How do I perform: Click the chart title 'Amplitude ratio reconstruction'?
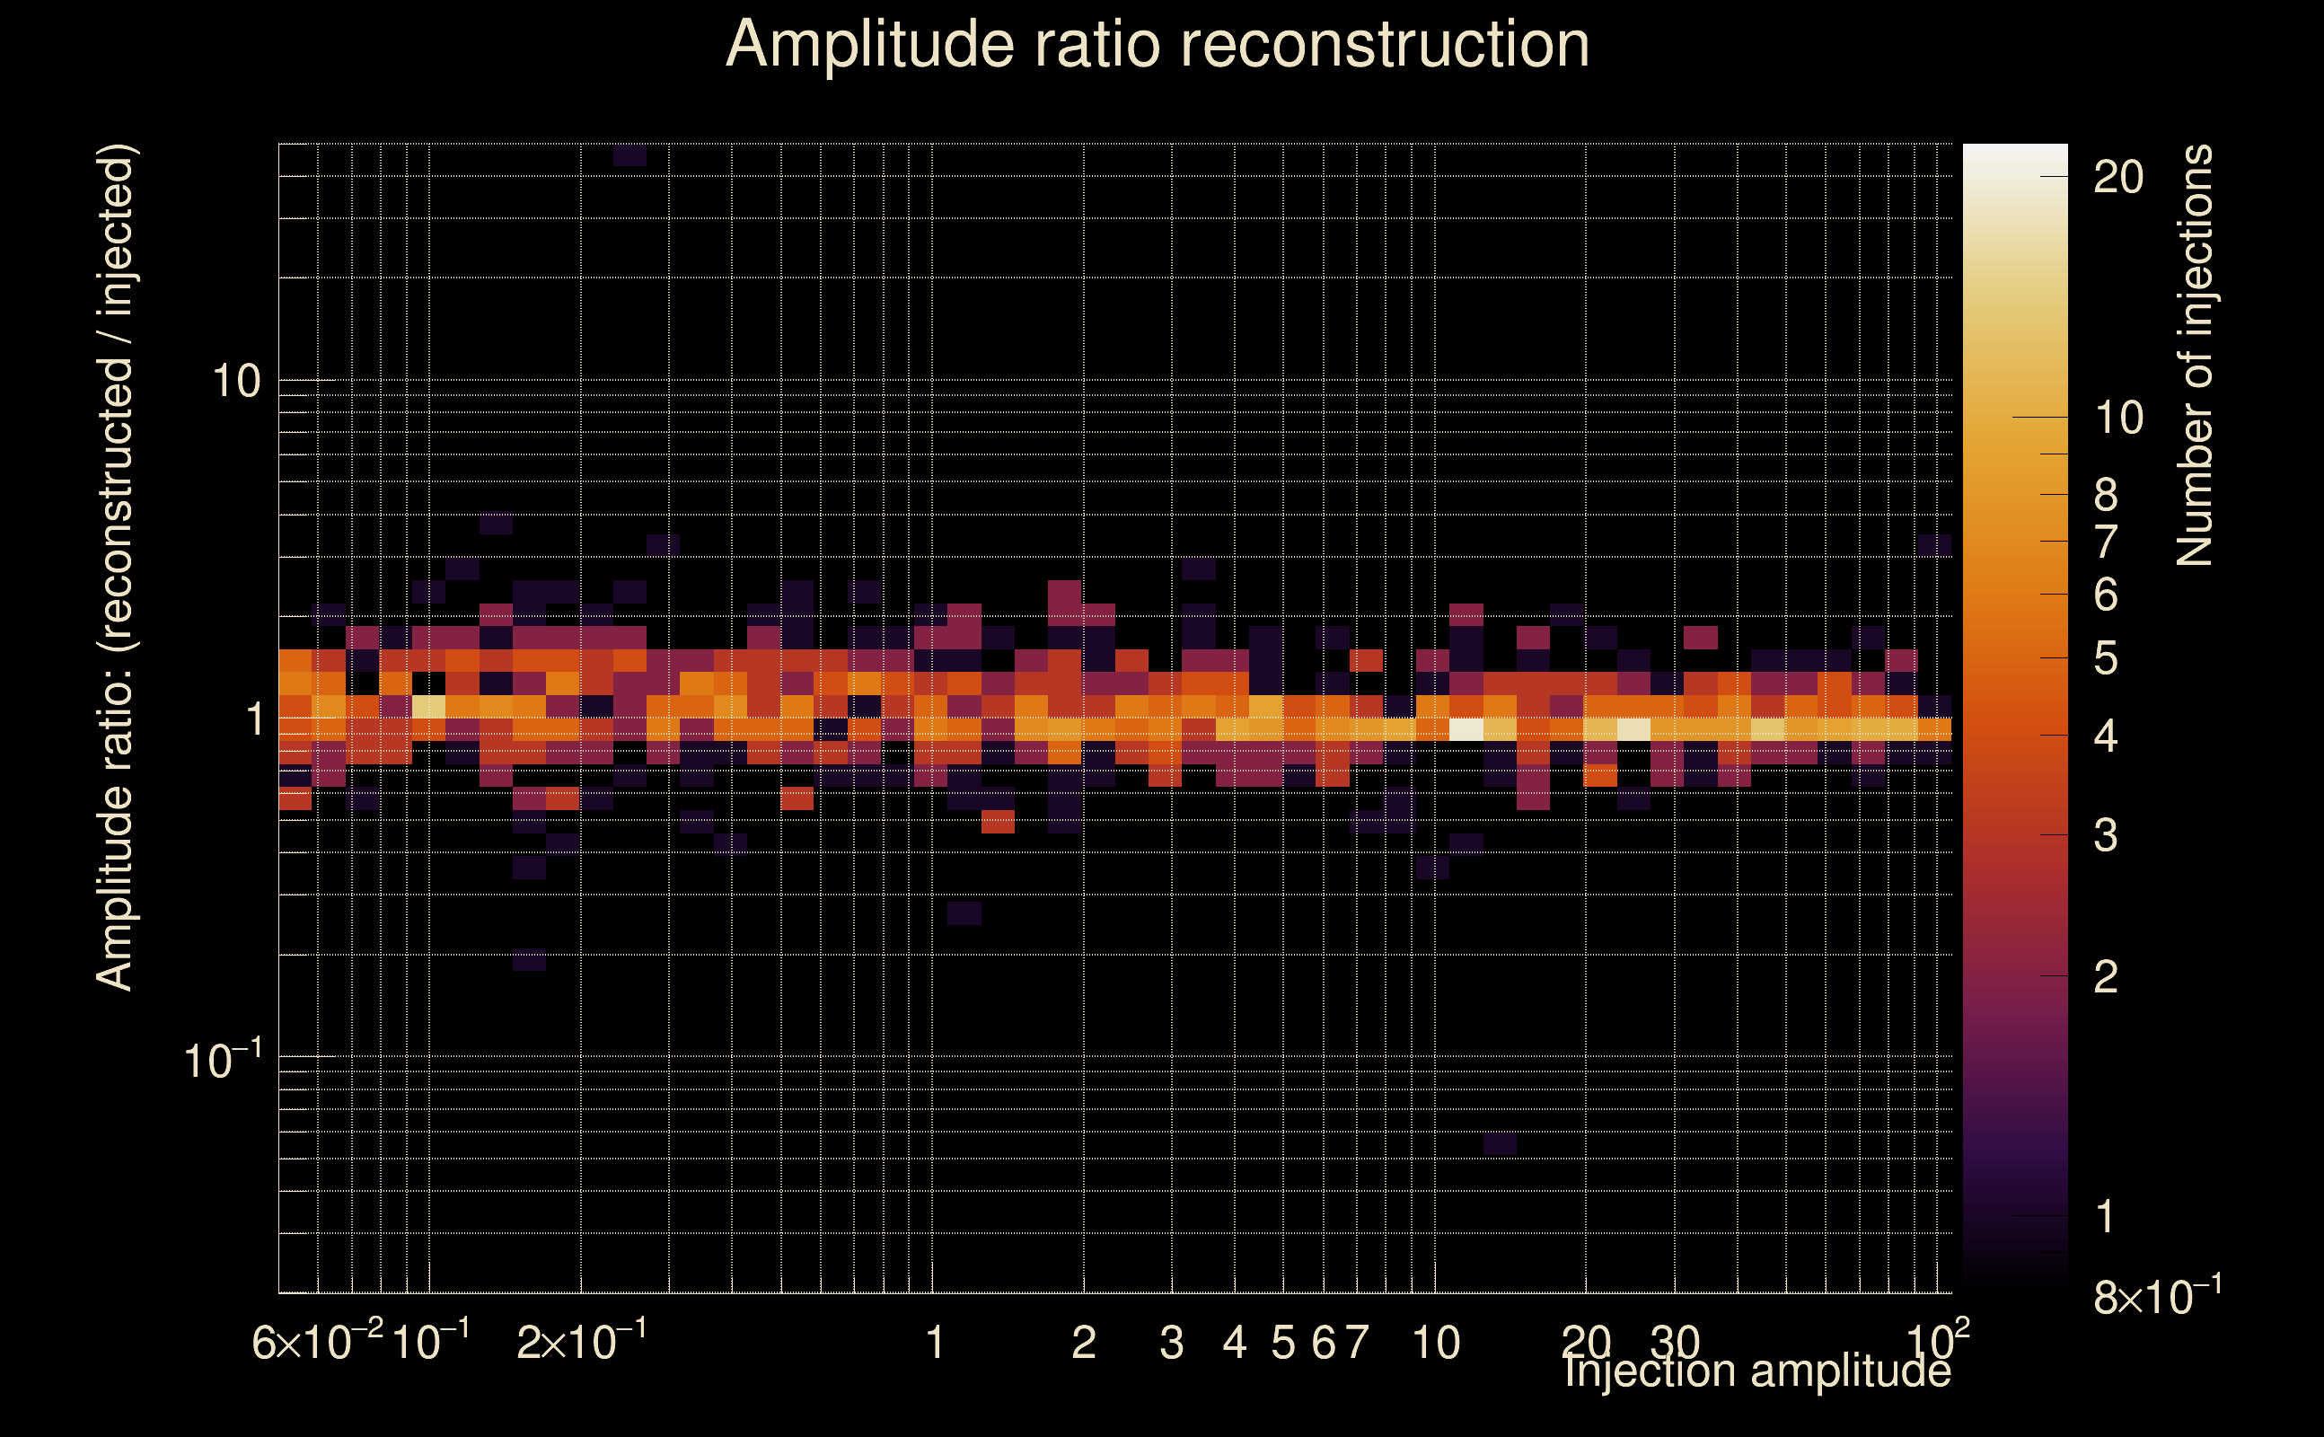pyautogui.click(x=1158, y=45)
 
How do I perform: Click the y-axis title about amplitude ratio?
pyautogui.click(x=116, y=569)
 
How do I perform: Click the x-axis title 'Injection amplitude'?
pyautogui.click(x=1756, y=1371)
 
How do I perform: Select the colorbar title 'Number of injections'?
pyautogui.click(x=2195, y=356)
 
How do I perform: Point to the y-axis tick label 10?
pyautogui.click(x=235, y=382)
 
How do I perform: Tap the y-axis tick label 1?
pyautogui.click(x=254, y=719)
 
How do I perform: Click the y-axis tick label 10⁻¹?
pyautogui.click(x=223, y=1061)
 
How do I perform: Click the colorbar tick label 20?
pyautogui.click(x=2117, y=178)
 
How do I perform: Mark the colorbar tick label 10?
pyautogui.click(x=2117, y=419)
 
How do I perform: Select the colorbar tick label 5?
pyautogui.click(x=2106, y=658)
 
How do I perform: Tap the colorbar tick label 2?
pyautogui.click(x=2106, y=976)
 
